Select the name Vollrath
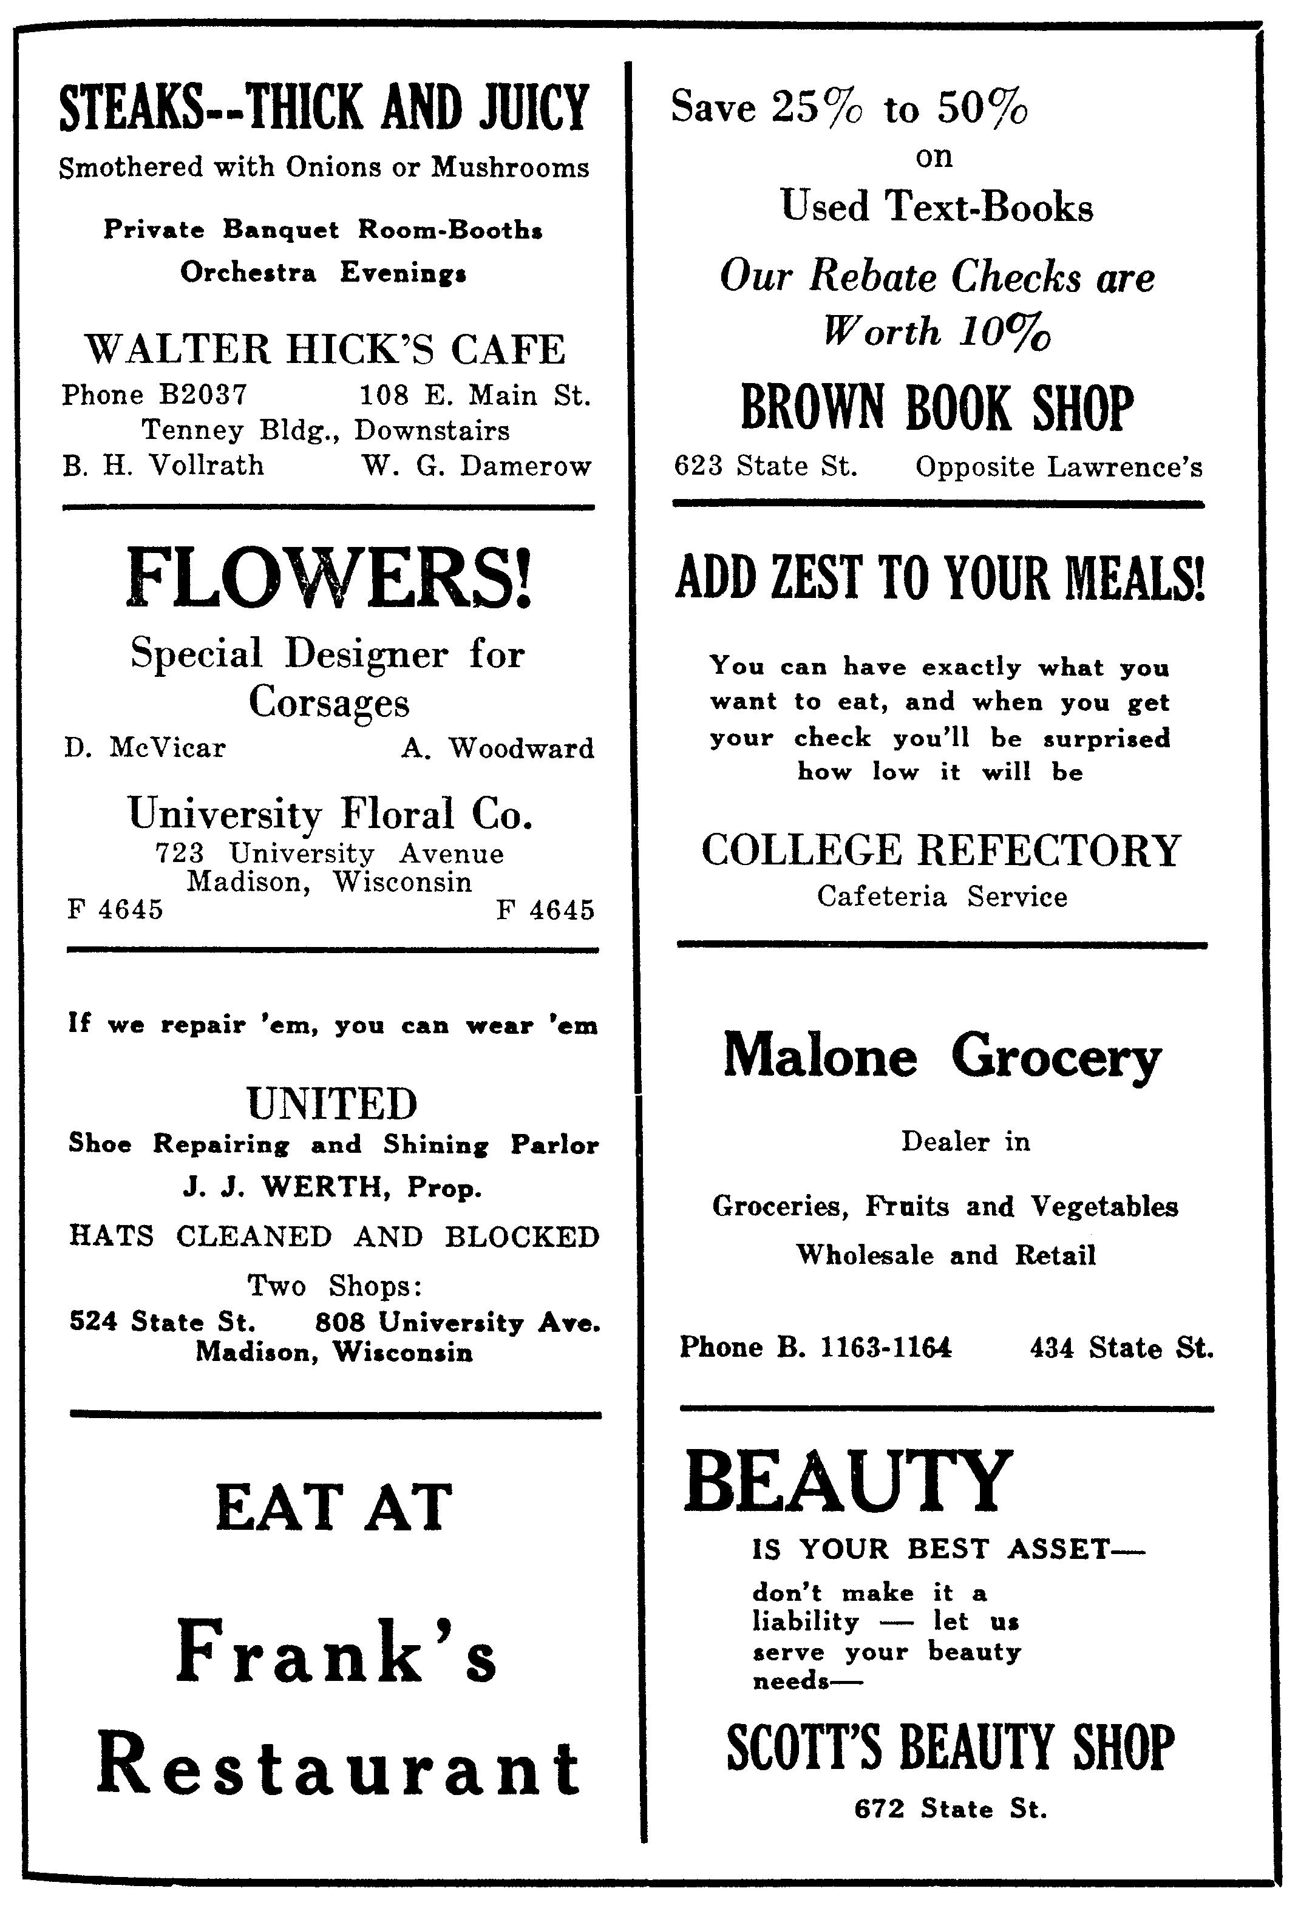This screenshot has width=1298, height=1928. [206, 465]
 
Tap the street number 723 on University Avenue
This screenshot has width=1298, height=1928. [180, 852]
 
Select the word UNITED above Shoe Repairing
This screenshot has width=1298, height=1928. [332, 1103]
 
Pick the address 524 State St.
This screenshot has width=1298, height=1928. [162, 1322]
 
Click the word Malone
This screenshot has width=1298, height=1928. [820, 1057]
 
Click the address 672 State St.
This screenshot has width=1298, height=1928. [950, 1809]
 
